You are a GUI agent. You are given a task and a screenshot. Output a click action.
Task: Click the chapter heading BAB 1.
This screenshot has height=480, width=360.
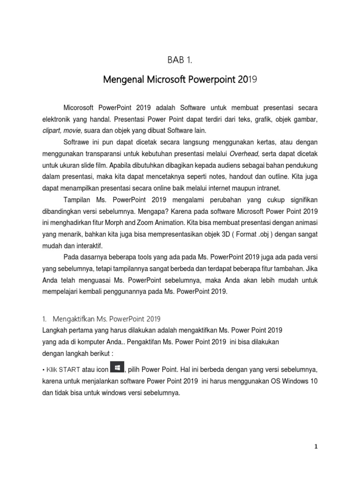pos(180,59)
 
